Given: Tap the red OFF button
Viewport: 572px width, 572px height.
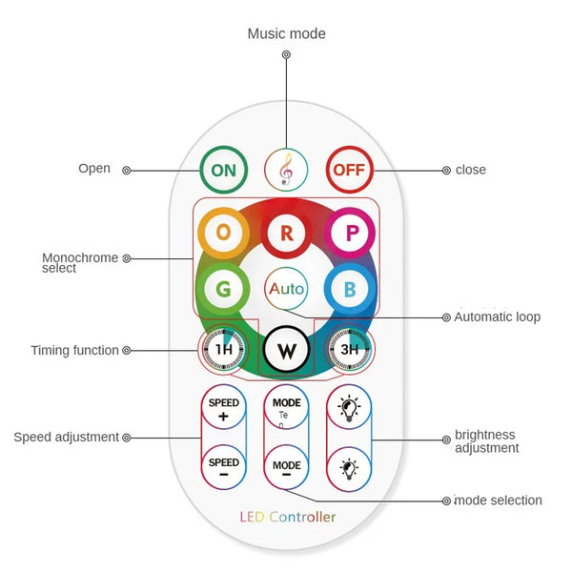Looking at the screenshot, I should [348, 171].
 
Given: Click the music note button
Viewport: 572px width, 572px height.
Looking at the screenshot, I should [286, 171].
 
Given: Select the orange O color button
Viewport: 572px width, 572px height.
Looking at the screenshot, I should [223, 232].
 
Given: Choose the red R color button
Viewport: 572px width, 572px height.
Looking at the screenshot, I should [286, 232].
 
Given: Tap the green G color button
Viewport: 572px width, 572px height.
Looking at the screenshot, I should [222, 288].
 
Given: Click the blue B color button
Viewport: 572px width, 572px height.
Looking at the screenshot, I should [349, 288].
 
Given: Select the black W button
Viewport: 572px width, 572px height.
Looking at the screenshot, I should [286, 350].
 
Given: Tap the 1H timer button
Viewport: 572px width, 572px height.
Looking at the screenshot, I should [223, 349].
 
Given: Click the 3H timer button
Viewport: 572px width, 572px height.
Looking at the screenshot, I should [350, 349].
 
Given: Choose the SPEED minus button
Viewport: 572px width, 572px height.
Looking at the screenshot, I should [223, 467].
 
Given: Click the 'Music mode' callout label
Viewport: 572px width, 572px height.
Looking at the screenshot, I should [286, 34].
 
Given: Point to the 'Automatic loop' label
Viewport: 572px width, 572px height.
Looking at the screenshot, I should [497, 317].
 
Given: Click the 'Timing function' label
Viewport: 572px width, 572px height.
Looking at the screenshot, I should [74, 351].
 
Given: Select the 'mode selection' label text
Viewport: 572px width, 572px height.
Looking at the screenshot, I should [498, 500].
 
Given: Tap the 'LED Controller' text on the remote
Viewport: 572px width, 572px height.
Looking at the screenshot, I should [287, 517].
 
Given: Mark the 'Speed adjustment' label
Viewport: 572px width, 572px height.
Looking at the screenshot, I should [66, 437].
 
